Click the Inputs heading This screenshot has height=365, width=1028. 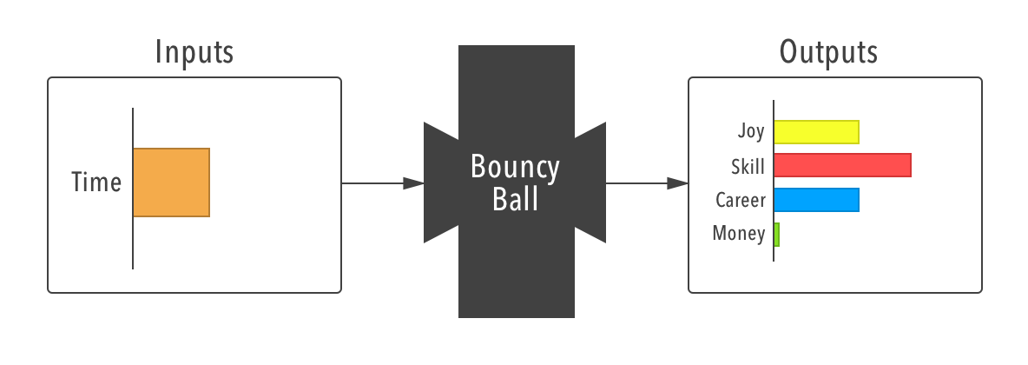click(x=194, y=53)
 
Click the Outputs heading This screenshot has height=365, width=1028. click(x=828, y=53)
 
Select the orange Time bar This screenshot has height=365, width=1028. click(x=171, y=182)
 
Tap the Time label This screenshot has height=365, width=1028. click(x=96, y=182)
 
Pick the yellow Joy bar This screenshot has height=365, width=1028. click(x=816, y=132)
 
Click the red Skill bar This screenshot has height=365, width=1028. click(x=842, y=165)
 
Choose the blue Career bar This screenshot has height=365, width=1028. click(x=816, y=200)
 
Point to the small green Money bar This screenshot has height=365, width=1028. click(x=776, y=235)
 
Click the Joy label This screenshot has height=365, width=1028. click(x=751, y=132)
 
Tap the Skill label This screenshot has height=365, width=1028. click(x=748, y=165)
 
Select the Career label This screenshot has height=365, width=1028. click(x=741, y=200)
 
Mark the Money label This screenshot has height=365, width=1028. click(x=739, y=233)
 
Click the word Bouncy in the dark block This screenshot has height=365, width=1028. click(x=516, y=167)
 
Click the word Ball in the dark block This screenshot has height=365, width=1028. click(x=516, y=200)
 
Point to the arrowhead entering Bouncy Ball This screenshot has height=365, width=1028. click(x=414, y=183)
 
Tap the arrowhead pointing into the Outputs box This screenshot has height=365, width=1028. click(x=678, y=183)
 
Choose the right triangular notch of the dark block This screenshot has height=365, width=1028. click(x=590, y=183)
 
